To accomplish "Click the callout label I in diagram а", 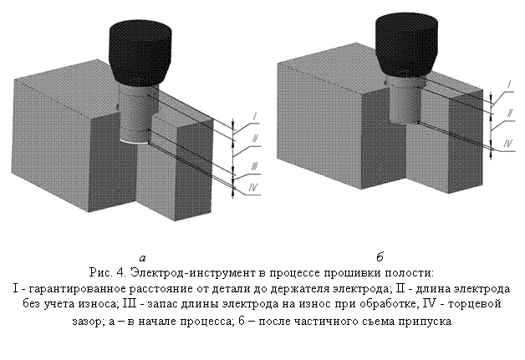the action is point(255,117).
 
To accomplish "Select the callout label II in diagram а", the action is point(255,138).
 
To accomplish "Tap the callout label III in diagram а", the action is point(254,166).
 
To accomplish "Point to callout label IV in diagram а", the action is point(252,188).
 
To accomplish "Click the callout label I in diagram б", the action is point(508,85).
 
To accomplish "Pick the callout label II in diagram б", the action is point(510,113).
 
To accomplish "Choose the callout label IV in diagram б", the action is point(508,144).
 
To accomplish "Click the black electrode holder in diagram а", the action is point(140,53).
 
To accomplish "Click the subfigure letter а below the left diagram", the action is point(143,258).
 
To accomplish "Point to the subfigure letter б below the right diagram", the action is point(380,257).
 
